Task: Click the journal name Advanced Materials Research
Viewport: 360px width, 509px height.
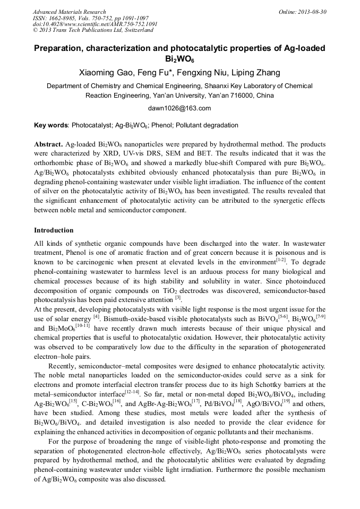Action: click(x=69, y=12)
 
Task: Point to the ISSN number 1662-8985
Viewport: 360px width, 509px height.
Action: click(x=61, y=18)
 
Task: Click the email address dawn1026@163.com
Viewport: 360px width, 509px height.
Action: click(x=179, y=108)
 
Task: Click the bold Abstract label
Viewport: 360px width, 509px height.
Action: click(x=48, y=144)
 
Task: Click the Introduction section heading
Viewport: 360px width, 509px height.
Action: click(x=54, y=230)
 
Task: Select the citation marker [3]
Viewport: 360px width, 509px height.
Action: click(x=178, y=298)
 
